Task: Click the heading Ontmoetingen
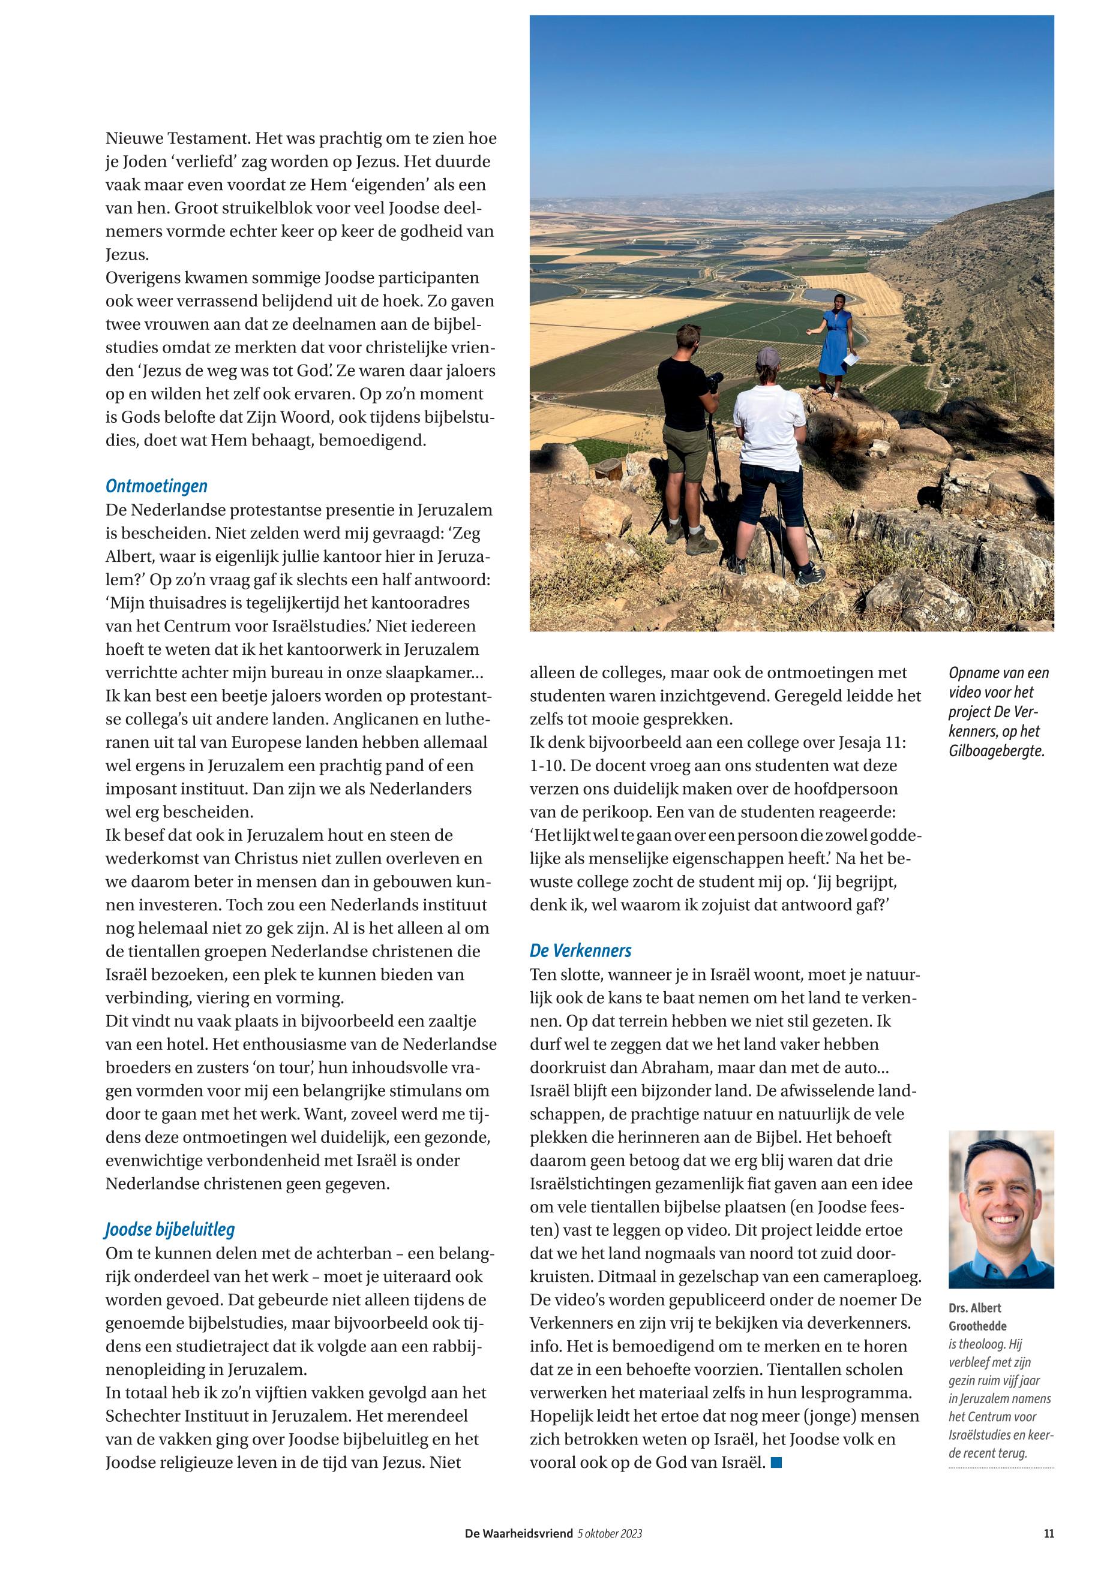pos(156,487)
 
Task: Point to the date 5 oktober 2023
pos(610,1534)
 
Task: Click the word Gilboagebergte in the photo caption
pos(996,751)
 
